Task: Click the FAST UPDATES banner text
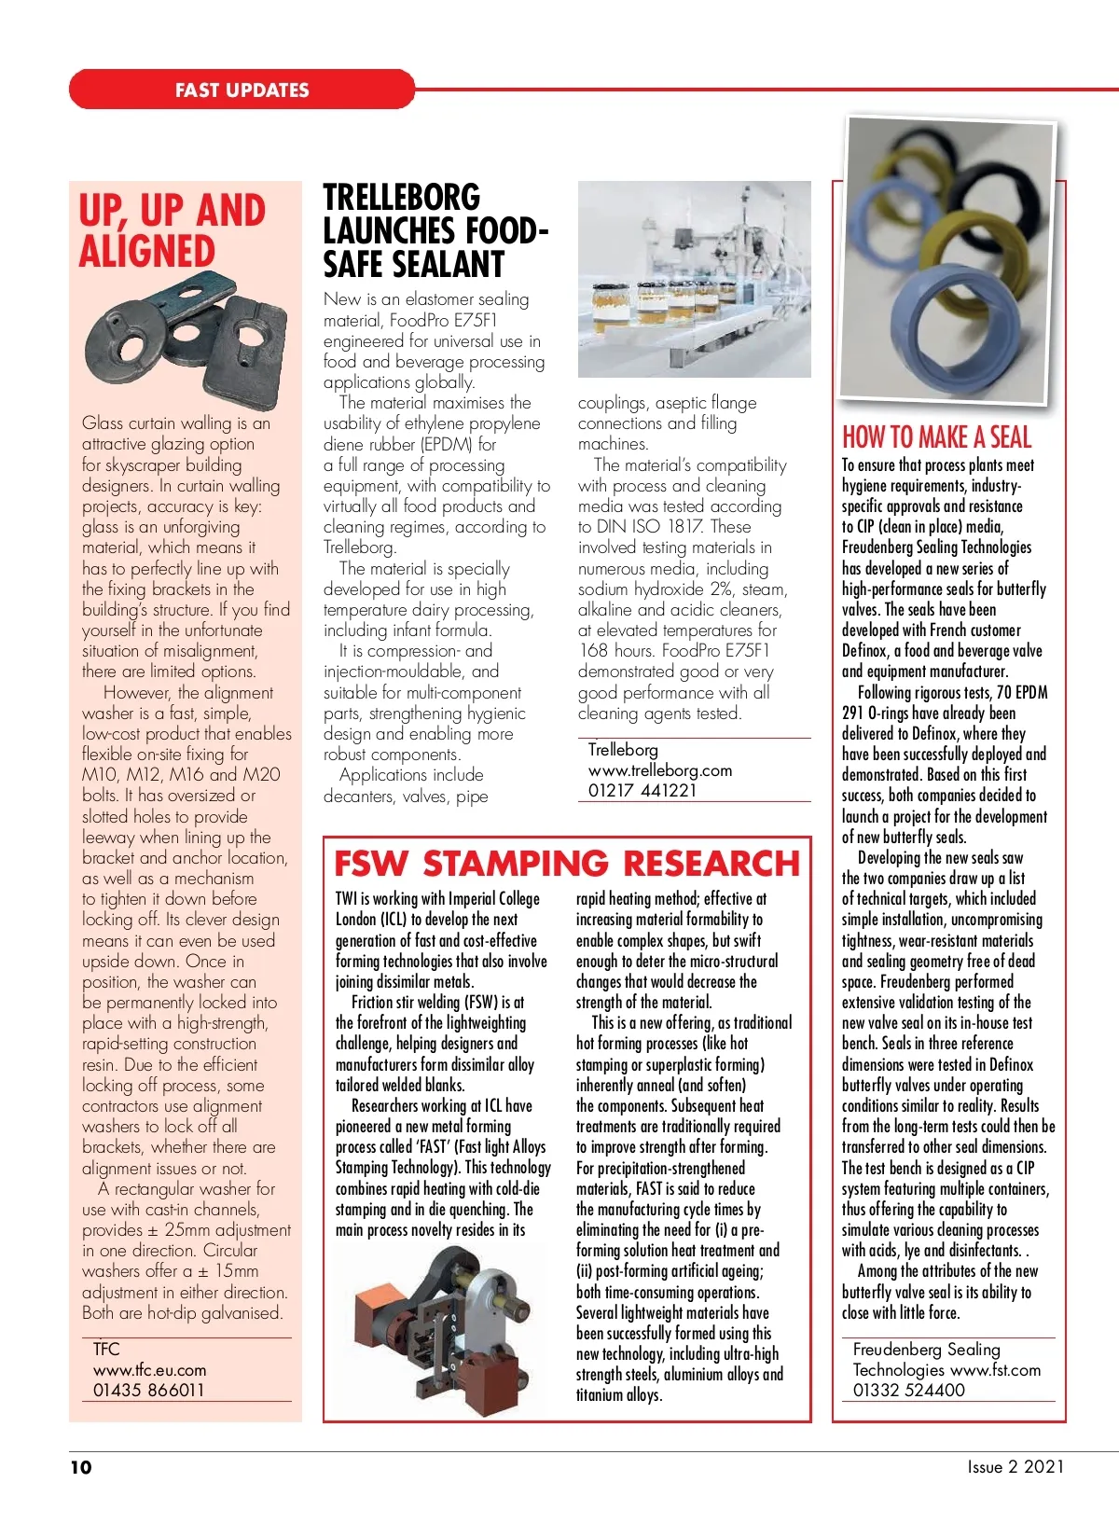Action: click(242, 90)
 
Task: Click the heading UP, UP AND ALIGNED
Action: click(173, 230)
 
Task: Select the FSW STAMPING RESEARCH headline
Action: click(566, 863)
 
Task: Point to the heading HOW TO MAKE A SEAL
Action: click(936, 436)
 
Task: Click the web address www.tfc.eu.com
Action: click(149, 1369)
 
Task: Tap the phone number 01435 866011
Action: click(148, 1390)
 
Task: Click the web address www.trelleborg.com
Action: click(659, 770)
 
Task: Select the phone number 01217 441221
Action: click(642, 790)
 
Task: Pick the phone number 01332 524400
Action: click(908, 1390)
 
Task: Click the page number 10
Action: click(81, 1467)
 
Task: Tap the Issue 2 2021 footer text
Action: click(1015, 1466)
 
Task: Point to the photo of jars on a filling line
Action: click(694, 279)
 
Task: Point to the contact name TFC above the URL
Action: click(106, 1349)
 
